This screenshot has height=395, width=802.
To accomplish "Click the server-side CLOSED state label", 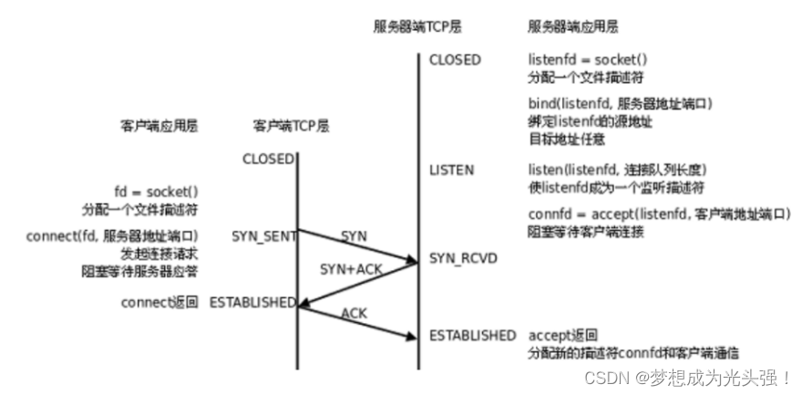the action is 455,60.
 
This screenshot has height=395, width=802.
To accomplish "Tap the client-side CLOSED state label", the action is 268,159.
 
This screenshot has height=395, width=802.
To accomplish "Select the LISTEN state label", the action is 452,171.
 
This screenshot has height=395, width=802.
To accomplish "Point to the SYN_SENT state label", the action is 264,235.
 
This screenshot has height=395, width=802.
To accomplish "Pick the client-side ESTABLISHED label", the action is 252,302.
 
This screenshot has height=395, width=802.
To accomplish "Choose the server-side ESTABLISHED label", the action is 472,336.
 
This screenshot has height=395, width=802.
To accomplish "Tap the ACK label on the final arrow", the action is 354,313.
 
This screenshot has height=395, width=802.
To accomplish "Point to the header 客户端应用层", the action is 159,127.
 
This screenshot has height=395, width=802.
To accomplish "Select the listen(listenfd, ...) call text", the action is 618,171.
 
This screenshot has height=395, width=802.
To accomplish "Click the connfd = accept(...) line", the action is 658,213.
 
